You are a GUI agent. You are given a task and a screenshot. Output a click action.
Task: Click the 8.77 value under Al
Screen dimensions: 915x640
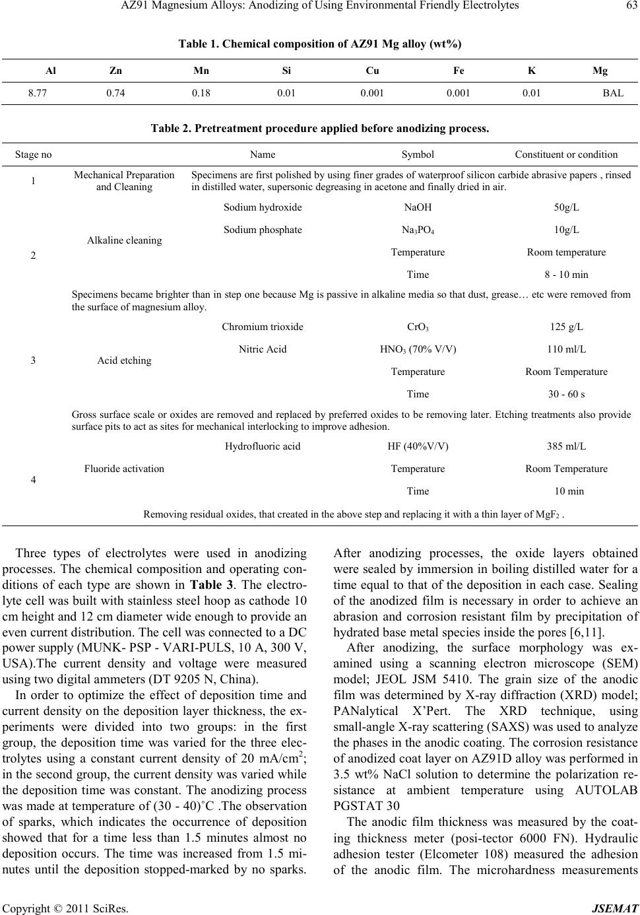pos(36,93)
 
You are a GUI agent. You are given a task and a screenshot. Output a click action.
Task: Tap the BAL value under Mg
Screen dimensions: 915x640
pos(613,93)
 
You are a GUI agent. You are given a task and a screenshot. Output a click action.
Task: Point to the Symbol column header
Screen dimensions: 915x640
pos(418,154)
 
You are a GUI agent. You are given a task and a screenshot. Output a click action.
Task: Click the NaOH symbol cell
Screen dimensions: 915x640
pos(418,207)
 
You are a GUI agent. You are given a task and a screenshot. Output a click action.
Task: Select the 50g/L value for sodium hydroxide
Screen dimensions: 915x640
pos(566,207)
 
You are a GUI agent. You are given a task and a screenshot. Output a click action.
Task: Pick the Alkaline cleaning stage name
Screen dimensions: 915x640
pos(124,240)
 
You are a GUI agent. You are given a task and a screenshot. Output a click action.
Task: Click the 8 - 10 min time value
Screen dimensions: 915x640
pos(566,275)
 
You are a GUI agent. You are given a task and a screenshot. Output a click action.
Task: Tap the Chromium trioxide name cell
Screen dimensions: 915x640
pos(263,327)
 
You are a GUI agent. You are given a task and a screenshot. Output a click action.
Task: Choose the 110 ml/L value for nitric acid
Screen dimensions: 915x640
pos(566,349)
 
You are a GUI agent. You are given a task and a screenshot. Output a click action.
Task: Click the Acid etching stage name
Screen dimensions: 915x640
pos(124,360)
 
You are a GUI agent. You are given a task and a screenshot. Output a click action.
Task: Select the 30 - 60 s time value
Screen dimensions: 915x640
pos(566,394)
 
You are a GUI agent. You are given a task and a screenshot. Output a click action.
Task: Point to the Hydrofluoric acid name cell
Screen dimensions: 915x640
pos(263,446)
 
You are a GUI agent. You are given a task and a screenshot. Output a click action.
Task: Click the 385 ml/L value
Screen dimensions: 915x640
pos(566,446)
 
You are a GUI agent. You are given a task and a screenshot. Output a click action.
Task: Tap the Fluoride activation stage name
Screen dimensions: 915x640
pos(124,469)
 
